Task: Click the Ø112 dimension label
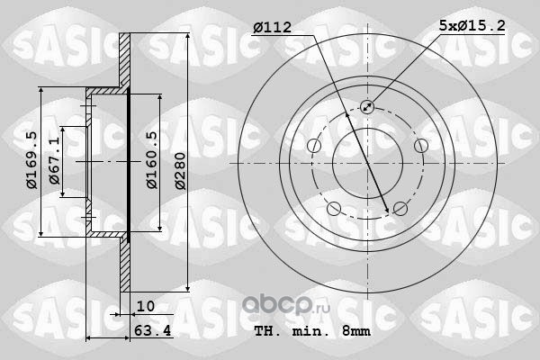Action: tap(272, 27)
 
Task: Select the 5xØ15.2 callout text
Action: tap(472, 25)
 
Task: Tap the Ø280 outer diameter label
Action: tap(180, 171)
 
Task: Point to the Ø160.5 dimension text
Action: tap(152, 160)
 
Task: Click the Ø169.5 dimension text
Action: tap(32, 160)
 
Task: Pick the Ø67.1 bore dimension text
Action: tap(54, 161)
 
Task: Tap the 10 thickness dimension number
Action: tap(146, 306)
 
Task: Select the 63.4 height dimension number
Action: tap(153, 330)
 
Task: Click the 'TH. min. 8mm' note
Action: tap(312, 331)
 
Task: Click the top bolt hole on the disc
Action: tap(367, 107)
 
